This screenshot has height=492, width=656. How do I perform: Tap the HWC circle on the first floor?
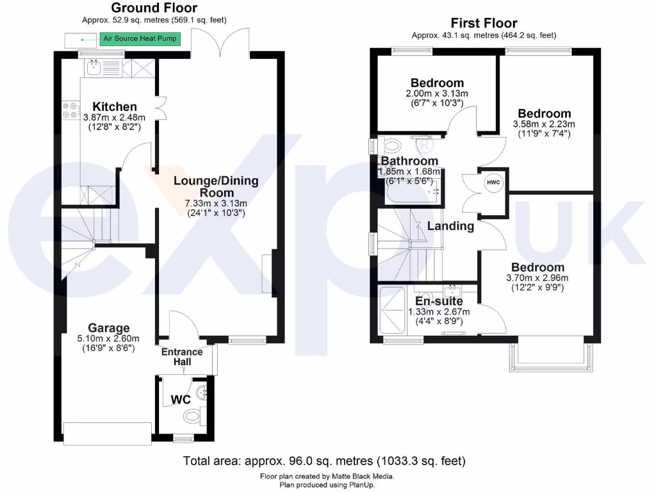(493, 182)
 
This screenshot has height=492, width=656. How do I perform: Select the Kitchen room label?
(115, 106)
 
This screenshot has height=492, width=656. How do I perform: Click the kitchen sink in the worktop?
(94, 67)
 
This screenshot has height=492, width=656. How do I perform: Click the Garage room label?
(109, 329)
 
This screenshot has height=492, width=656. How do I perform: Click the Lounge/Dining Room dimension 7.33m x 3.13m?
(216, 203)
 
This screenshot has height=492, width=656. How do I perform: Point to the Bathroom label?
(409, 161)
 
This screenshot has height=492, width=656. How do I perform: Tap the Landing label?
(451, 225)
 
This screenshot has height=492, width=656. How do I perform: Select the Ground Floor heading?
(154, 8)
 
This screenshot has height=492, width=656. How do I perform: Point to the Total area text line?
(324, 461)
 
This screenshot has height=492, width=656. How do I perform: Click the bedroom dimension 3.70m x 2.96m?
(537, 278)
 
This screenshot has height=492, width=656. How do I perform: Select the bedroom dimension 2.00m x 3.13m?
(437, 94)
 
